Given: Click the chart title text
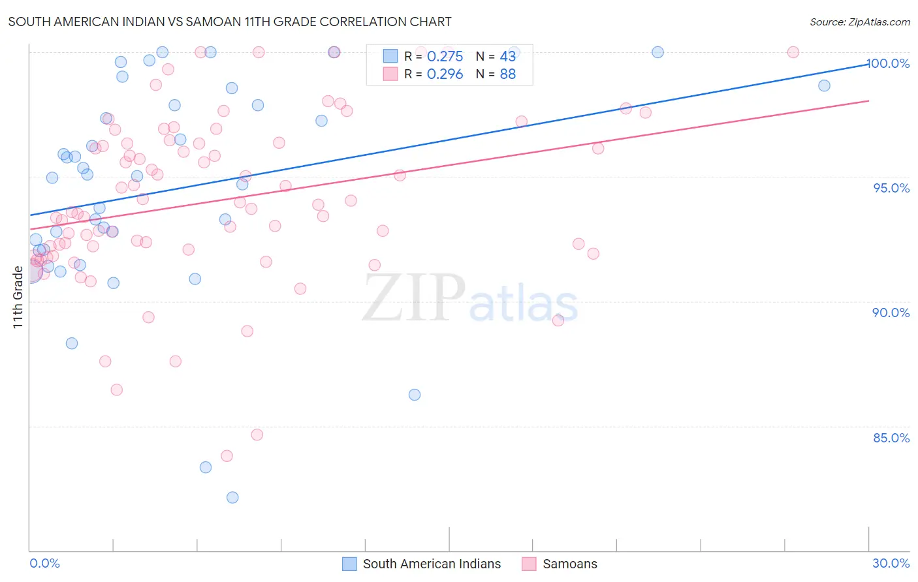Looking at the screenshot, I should [x=230, y=22].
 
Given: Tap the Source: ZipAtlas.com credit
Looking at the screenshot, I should [x=859, y=22].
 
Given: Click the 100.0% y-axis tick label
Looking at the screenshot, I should [x=889, y=63].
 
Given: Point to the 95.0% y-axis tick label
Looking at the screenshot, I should [x=891, y=188].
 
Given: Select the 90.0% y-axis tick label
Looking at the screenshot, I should [x=891, y=313].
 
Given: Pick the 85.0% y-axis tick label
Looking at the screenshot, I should [x=891, y=438].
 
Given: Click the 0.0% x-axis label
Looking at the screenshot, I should [x=44, y=563].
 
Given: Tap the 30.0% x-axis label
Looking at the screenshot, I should [x=891, y=563].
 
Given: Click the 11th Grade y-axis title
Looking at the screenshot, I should [x=18, y=297].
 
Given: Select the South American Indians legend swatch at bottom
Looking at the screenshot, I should [x=350, y=564].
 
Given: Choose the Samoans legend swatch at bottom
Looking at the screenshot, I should [x=530, y=564].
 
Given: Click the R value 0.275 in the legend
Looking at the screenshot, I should [x=445, y=57].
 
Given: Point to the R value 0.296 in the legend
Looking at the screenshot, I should [x=445, y=74].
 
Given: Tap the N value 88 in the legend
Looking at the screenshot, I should [x=507, y=74].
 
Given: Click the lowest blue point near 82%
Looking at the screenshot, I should [x=232, y=498].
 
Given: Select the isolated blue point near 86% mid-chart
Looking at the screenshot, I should [x=415, y=395].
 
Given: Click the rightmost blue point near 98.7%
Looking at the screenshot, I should [x=824, y=85].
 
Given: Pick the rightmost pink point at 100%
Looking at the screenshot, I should [x=793, y=52].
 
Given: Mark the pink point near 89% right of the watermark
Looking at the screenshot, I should [x=558, y=320].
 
